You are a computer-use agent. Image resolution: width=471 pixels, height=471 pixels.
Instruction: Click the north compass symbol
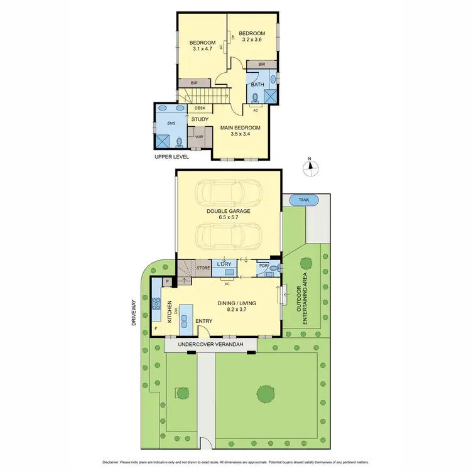coord(310,167)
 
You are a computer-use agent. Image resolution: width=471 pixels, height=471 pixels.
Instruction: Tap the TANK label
coord(304,200)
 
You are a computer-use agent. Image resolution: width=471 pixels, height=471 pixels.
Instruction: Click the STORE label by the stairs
coord(203,268)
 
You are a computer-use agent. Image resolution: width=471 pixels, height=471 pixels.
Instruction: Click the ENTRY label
coord(203,322)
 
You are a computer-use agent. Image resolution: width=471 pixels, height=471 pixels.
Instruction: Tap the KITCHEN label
coord(169,311)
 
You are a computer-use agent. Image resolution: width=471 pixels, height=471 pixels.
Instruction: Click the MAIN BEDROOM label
coord(239,129)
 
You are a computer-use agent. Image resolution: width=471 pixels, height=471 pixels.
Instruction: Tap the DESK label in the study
coord(200,108)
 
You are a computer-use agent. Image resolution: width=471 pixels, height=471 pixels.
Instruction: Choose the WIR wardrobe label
coord(199,136)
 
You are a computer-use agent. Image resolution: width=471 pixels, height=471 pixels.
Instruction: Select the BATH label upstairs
coord(257,84)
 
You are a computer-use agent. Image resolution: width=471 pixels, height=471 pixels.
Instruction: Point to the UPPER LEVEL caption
coord(171,156)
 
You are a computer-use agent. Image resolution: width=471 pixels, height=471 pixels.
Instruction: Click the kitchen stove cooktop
coord(156,306)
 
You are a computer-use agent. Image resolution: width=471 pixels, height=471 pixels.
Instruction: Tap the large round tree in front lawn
coord(266,393)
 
